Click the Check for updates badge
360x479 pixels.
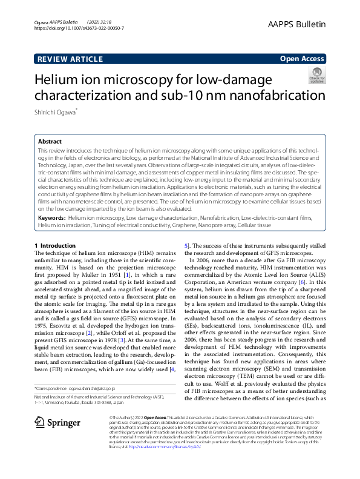[x=316, y=76]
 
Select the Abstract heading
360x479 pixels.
[x=50, y=140]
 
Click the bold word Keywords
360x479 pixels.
[x=51, y=217]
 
